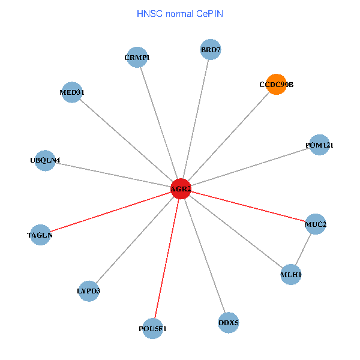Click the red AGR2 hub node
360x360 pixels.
click(x=181, y=189)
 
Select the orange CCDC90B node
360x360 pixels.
click(x=276, y=85)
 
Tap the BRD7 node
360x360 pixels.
click(x=211, y=49)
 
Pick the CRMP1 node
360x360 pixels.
click(x=137, y=58)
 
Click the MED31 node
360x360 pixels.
click(x=72, y=92)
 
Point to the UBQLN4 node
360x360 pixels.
click(x=45, y=160)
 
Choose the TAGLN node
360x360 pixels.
click(x=40, y=235)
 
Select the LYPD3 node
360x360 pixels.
click(x=89, y=291)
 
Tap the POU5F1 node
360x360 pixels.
click(x=154, y=328)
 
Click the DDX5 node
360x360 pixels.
click(x=229, y=323)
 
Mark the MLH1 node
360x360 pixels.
click(x=291, y=275)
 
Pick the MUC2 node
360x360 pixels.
click(x=316, y=224)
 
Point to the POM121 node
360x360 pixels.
click(x=319, y=145)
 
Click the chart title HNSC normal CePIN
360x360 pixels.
click(x=180, y=13)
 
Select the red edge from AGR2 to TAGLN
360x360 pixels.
click(x=110, y=212)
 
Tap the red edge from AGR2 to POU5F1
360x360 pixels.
click(x=167, y=259)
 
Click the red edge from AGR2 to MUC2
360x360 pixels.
click(x=248, y=206)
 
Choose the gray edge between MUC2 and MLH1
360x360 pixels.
click(x=304, y=250)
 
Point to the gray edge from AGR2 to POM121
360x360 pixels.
click(x=250, y=167)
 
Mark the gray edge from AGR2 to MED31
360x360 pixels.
click(x=126, y=140)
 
